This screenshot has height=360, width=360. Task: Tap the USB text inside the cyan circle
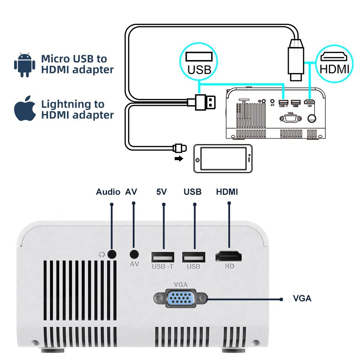coord(199,69)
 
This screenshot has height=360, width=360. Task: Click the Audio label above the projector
coord(108,192)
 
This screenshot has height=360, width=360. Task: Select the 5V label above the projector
coord(162,192)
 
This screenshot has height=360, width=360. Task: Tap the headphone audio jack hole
coord(112,254)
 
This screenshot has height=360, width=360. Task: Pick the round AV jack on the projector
coord(134,254)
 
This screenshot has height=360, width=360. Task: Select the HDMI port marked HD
coord(229,257)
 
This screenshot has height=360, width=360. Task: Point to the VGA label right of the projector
coord(302,298)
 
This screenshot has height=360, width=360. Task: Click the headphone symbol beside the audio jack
coord(102,254)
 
